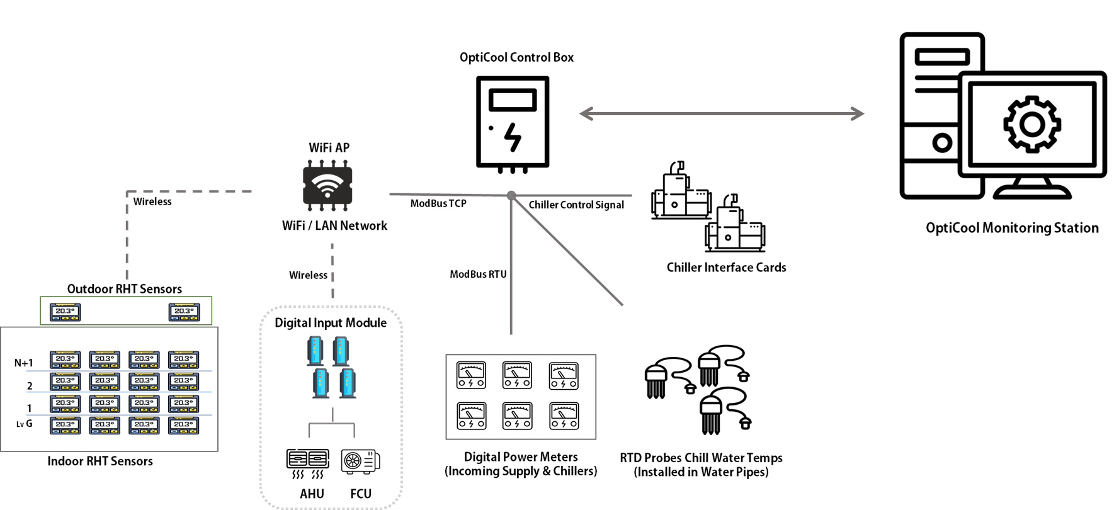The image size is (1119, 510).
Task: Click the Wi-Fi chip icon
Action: point(327,185)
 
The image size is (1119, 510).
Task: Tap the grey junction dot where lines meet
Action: point(511,195)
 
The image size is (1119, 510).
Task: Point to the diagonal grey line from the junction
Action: point(567,251)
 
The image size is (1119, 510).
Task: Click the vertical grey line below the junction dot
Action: point(511,271)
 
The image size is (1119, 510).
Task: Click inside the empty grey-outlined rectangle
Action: point(521,397)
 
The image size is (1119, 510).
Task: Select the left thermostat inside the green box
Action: point(65,312)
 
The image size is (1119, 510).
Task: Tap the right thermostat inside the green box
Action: point(184,312)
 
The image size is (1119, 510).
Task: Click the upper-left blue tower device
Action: point(315,350)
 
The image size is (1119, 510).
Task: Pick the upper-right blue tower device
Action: point(341,350)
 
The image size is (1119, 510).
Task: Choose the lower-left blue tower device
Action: point(321,383)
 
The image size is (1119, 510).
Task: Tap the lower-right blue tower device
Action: point(348,383)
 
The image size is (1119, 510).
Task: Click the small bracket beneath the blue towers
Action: point(331,425)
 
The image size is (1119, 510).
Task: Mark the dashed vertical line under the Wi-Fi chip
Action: point(332,271)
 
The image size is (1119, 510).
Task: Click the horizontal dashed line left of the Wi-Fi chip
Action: point(189,191)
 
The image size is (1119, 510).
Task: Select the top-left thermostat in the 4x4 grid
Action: point(65,360)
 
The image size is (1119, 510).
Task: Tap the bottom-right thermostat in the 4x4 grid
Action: point(184,426)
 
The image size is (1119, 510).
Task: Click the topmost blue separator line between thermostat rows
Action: point(119,371)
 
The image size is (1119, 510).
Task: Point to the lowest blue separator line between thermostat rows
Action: point(119,415)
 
